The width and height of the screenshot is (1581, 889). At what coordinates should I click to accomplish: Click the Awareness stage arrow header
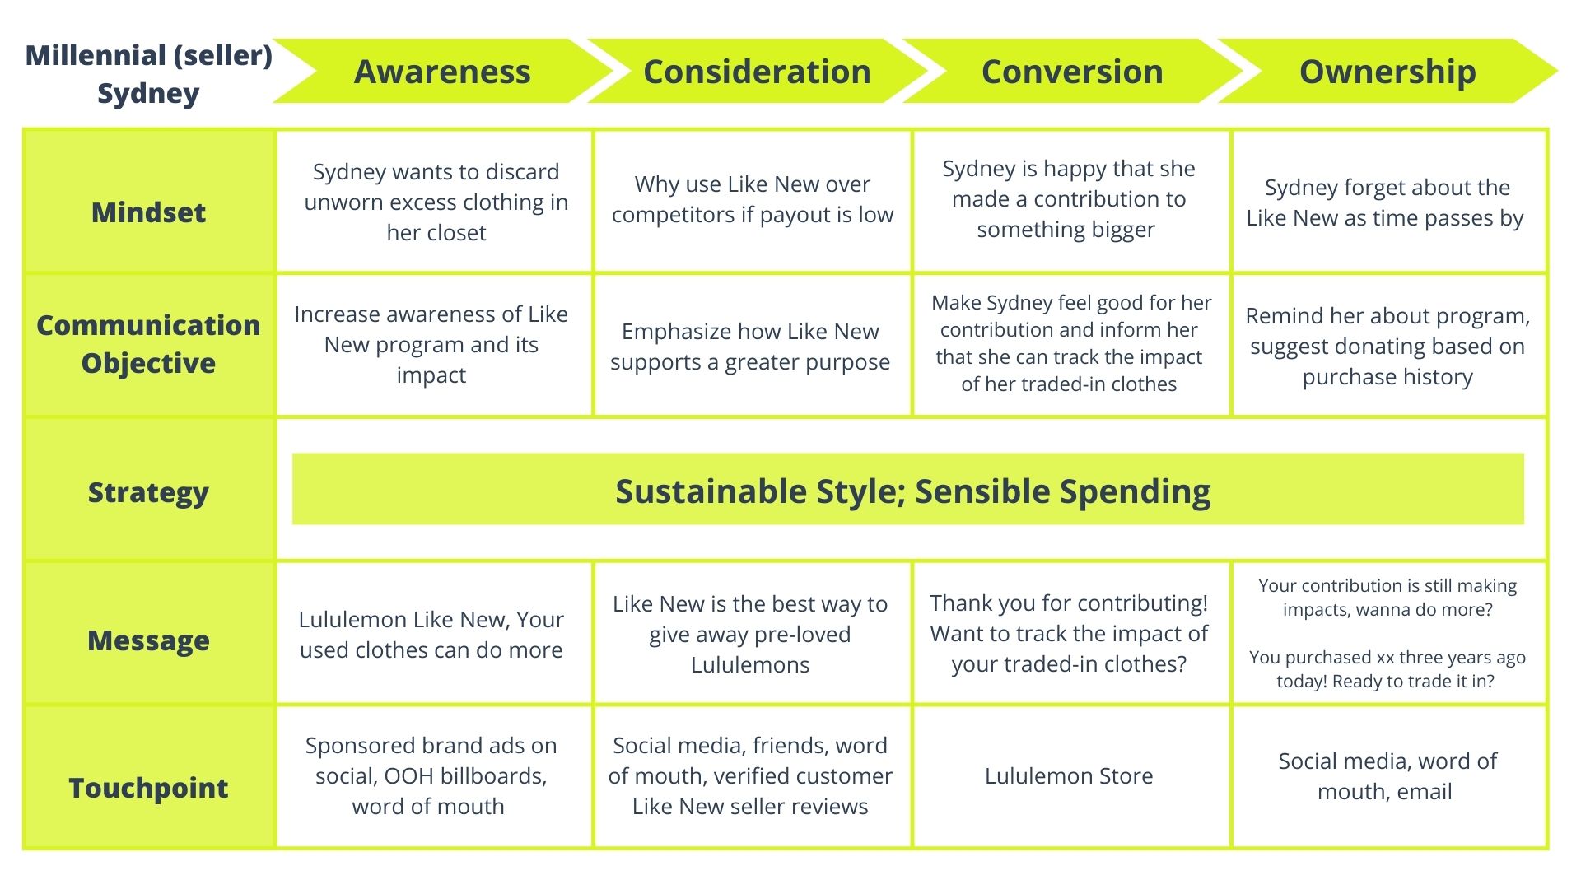pyautogui.click(x=443, y=72)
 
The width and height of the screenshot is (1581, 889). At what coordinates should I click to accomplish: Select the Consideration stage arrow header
pyautogui.click(x=758, y=72)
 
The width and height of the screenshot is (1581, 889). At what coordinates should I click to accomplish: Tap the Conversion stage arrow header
pyautogui.click(x=1072, y=72)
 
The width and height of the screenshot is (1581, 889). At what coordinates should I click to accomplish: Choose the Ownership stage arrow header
pyautogui.click(x=1387, y=72)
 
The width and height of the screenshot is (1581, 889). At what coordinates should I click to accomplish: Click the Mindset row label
pyautogui.click(x=149, y=212)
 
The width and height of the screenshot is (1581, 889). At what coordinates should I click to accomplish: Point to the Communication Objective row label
pyautogui.click(x=149, y=344)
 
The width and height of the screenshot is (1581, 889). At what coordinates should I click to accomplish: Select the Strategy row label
pyautogui.click(x=149, y=492)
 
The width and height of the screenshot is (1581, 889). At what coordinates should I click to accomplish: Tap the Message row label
pyautogui.click(x=149, y=640)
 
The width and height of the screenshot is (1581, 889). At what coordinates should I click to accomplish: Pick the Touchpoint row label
pyautogui.click(x=149, y=788)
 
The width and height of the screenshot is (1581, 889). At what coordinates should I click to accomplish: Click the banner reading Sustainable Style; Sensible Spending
pyautogui.click(x=908, y=489)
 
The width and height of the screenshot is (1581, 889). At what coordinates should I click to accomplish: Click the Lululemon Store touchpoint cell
pyautogui.click(x=1070, y=776)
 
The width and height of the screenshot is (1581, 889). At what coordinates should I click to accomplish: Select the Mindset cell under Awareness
pyautogui.click(x=434, y=202)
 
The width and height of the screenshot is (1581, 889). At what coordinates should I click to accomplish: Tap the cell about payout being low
pyautogui.click(x=752, y=202)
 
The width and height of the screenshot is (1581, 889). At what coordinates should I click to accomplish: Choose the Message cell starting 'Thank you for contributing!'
pyautogui.click(x=1070, y=633)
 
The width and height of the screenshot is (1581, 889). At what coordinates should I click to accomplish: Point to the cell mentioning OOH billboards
pyautogui.click(x=434, y=776)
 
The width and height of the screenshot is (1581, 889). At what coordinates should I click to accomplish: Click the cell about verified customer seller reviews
pyautogui.click(x=752, y=776)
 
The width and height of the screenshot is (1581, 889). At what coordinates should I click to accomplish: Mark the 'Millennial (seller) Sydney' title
pyautogui.click(x=149, y=74)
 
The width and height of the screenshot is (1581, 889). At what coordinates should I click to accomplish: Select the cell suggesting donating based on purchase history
pyautogui.click(x=1389, y=346)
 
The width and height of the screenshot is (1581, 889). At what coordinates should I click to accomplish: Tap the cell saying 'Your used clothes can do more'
pyautogui.click(x=434, y=633)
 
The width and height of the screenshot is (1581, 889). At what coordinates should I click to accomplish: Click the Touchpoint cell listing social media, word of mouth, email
pyautogui.click(x=1389, y=776)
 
